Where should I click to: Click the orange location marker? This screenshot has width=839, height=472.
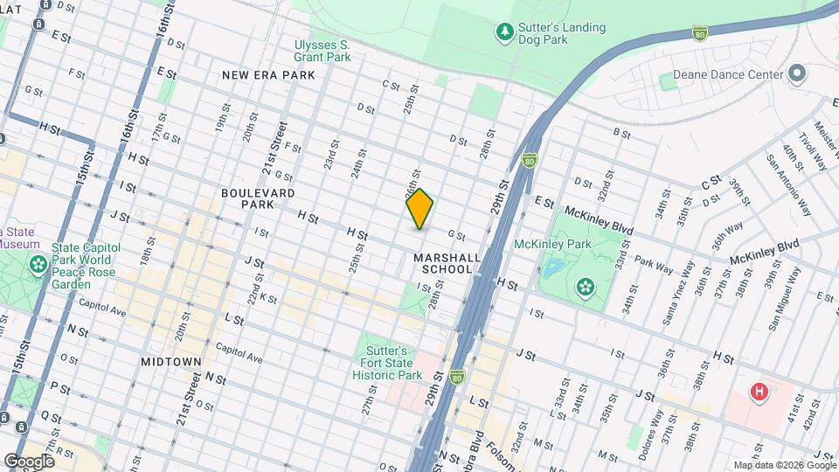pos(419,209)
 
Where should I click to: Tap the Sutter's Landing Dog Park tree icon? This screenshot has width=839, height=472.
pos(504,33)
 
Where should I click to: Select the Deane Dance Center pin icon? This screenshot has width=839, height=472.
pos(796,74)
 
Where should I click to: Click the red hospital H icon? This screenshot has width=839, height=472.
pos(759,392)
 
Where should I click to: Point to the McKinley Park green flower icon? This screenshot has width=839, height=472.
pos(584,286)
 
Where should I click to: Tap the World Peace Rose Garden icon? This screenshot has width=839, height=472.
pos(38,264)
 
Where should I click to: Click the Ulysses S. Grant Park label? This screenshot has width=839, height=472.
pos(322,50)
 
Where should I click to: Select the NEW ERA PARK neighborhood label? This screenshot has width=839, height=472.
pos(268,75)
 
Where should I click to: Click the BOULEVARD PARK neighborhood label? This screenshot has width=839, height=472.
pos(258,198)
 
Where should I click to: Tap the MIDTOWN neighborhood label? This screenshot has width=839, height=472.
pos(171,361)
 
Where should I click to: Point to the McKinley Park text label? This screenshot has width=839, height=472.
pos(548,244)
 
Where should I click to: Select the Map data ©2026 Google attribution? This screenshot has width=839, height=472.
pos(784,465)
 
